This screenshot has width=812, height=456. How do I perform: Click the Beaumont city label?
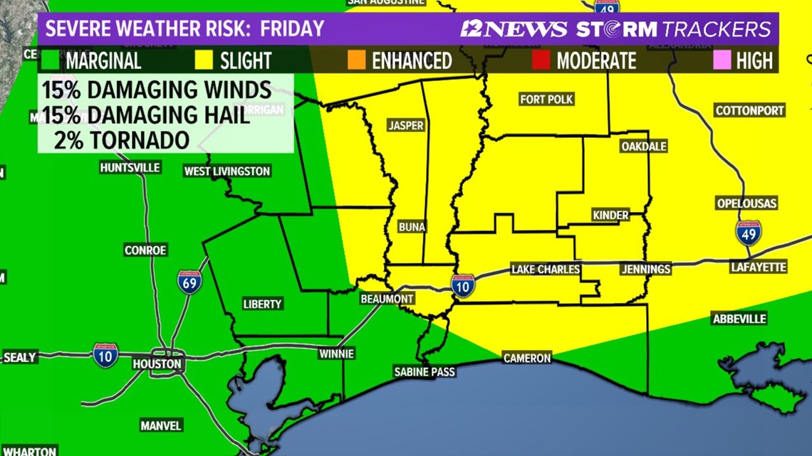[387, 299]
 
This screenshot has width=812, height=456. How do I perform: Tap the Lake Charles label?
[546, 269]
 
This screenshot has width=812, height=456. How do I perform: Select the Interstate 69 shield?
[189, 282]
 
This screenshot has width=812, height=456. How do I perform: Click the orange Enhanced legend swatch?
[357, 60]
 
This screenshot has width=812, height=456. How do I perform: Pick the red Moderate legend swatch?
[541, 60]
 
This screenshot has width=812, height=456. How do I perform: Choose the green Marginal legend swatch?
[51, 60]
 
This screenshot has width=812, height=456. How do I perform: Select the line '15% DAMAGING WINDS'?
[156, 90]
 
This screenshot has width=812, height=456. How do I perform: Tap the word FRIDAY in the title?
[292, 29]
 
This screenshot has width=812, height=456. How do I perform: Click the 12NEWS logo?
[513, 29]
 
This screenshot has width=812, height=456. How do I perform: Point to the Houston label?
[157, 364]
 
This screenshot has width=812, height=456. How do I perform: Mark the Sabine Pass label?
[425, 371]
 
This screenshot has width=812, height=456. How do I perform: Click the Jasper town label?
[405, 126]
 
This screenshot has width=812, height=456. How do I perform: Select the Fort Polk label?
[546, 100]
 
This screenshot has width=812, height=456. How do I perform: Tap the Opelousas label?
[746, 203]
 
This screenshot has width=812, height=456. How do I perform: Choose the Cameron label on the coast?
[527, 358]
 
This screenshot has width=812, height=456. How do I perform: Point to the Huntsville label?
[130, 168]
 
